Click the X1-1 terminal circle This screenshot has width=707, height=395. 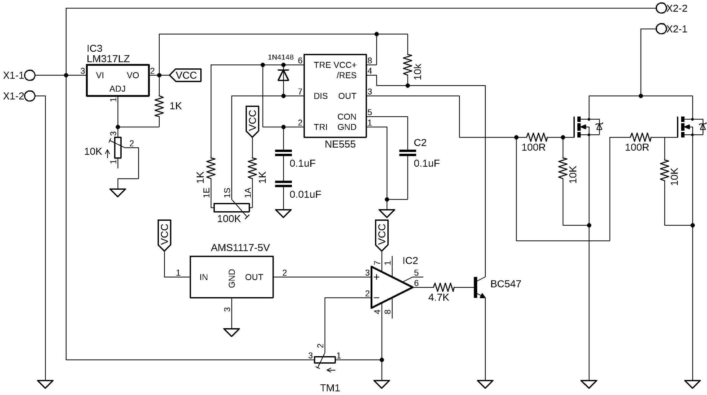click(30, 75)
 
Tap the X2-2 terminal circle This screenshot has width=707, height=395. click(661, 8)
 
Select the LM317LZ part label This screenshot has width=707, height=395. click(108, 59)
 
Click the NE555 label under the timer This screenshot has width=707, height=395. click(340, 144)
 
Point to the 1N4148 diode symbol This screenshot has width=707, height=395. click(283, 75)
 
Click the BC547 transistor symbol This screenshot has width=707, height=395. click(479, 287)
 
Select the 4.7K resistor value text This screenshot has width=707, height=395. click(438, 298)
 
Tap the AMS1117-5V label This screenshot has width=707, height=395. click(240, 248)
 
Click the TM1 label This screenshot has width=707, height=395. click(330, 388)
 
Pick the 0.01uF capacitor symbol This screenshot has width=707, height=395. click(283, 184)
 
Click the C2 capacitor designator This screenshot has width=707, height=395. click(420, 143)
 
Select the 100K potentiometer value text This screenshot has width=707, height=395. click(229, 219)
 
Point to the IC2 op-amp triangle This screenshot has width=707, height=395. click(389, 287)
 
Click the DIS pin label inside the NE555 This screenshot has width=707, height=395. click(321, 96)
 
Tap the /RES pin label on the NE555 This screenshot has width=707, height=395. click(346, 75)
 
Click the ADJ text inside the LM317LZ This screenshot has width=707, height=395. click(117, 89)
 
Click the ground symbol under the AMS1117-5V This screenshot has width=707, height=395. click(232, 332)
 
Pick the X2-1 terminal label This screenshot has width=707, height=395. click(677, 29)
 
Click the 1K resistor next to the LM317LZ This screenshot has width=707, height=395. click(159, 107)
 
